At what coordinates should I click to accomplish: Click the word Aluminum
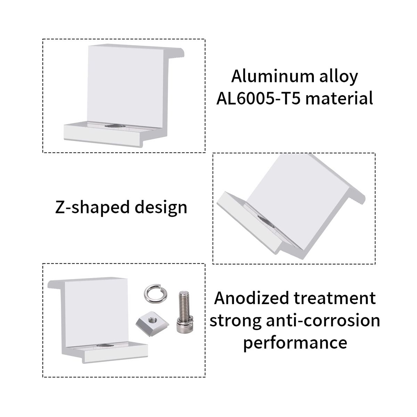[x=272, y=76]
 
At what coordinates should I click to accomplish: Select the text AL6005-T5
[x=259, y=98]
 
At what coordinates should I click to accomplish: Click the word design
[x=161, y=207]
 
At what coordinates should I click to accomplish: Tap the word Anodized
[x=252, y=298]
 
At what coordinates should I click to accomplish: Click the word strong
[x=235, y=321]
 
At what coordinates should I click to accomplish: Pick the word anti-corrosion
[x=323, y=320]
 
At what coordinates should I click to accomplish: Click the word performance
[x=295, y=344]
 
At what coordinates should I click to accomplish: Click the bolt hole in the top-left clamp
[x=115, y=126]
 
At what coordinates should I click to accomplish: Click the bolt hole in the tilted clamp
[x=266, y=222]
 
